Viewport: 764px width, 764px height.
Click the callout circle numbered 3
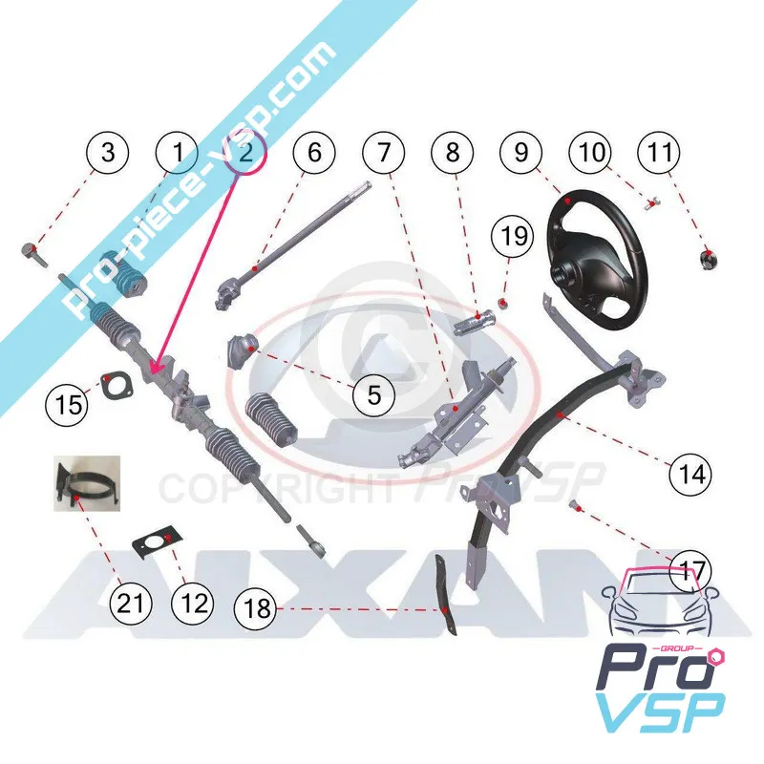coord(108,153)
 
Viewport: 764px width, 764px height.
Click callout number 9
coord(520,153)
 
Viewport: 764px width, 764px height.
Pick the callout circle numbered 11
coord(660,153)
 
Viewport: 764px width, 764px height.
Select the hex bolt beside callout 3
coord(30,253)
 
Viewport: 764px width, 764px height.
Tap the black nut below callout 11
coord(709,257)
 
